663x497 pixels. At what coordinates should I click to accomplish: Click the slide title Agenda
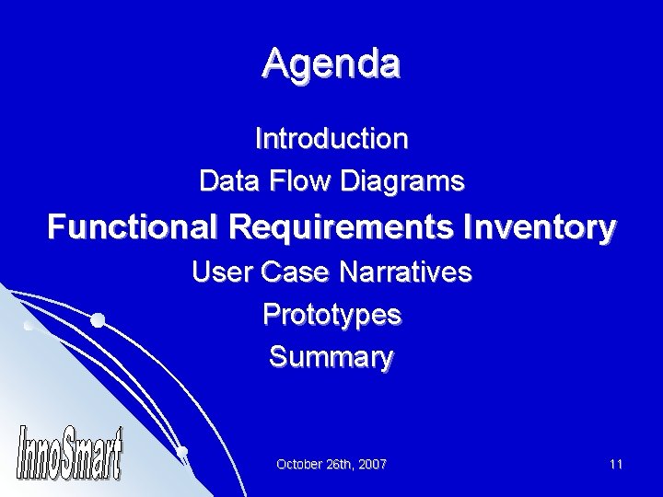tap(331, 64)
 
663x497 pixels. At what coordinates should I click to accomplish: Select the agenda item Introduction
tap(331, 139)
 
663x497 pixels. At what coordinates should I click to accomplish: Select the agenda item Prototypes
tap(331, 315)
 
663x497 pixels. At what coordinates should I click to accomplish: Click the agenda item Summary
tap(331, 356)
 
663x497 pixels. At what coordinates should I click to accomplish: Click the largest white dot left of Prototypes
tap(97, 320)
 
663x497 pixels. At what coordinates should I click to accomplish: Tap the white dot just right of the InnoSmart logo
tap(183, 451)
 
